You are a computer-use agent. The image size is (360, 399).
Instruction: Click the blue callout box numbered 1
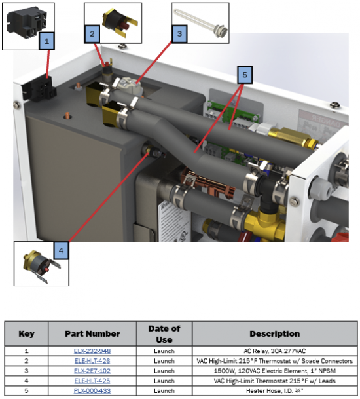coord(46,41)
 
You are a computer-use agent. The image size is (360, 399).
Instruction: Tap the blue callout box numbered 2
coord(92,34)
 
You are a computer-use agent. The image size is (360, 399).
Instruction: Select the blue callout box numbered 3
coord(179,34)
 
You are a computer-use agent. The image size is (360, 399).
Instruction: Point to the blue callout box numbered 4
coord(61,250)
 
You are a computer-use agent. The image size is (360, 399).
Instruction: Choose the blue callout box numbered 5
coord(245,75)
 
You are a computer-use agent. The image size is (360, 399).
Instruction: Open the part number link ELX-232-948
coord(92,351)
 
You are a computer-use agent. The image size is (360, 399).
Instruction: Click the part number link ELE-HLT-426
coord(92,361)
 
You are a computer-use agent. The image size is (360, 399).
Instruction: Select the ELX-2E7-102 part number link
coord(92,371)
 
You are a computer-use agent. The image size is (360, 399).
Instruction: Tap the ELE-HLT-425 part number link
coord(92,381)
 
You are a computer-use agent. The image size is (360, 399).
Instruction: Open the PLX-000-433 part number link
coord(92,390)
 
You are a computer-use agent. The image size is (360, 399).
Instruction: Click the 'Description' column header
coord(274,333)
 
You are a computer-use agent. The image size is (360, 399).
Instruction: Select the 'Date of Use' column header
coord(164,334)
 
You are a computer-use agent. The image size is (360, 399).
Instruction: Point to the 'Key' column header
coord(26,333)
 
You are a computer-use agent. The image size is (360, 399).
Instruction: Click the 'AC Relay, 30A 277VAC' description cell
coord(274,351)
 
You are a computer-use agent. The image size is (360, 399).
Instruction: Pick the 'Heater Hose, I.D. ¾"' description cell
coord(274,390)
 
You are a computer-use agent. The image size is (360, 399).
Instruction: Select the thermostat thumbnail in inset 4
coord(41,265)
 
